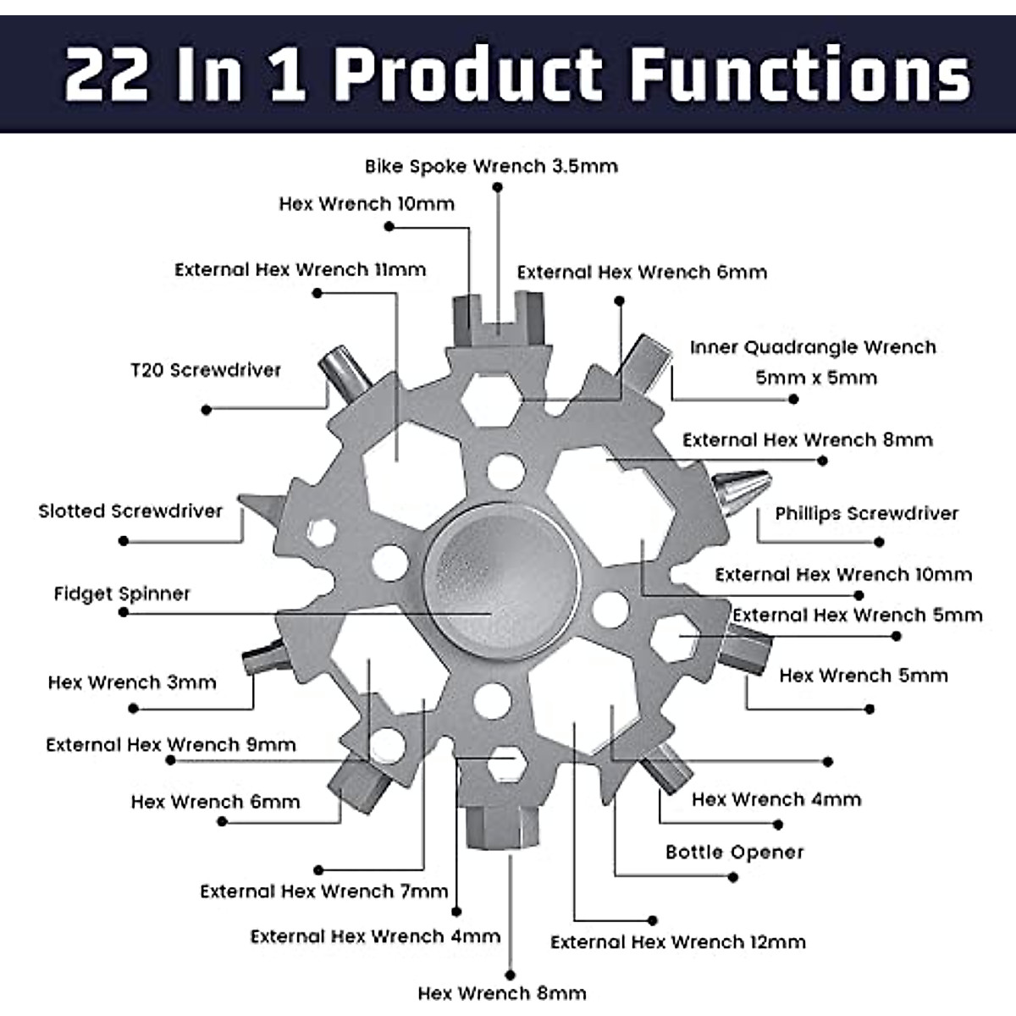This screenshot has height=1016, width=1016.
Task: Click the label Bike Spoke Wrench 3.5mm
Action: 491,166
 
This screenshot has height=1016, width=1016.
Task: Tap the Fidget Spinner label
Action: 122,594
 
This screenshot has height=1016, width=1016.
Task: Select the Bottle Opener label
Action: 734,852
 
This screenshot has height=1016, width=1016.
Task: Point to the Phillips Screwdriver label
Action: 866,513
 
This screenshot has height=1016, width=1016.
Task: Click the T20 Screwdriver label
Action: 206,370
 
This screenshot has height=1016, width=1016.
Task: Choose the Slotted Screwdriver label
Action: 130,511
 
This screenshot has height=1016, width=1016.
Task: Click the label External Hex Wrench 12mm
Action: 677,941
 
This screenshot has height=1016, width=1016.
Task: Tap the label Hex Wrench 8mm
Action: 501,992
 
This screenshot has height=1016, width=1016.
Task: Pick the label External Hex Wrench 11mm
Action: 300,269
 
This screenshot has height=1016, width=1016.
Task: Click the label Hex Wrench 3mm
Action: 132,682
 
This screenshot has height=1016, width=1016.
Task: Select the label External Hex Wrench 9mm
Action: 171,745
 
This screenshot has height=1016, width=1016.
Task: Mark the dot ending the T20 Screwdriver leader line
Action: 206,410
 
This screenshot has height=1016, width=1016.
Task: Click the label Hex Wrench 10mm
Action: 367,203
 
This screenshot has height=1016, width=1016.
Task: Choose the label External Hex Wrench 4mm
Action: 375,936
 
